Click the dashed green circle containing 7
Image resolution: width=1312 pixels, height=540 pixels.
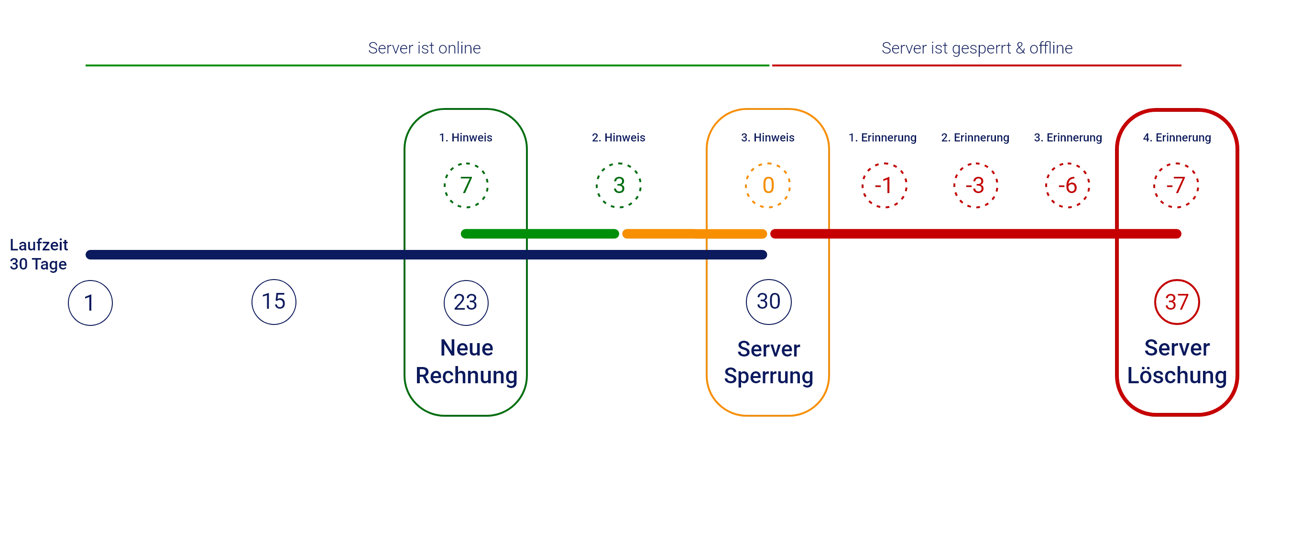[466, 185]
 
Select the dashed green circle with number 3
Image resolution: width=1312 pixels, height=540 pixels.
[618, 185]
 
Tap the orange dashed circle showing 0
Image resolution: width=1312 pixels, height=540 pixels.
[767, 185]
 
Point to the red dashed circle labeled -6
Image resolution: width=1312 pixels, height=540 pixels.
[1067, 185]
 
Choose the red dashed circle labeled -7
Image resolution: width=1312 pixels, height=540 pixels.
[1176, 185]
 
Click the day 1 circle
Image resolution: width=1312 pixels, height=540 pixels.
[89, 303]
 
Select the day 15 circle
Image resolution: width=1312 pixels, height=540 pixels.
[274, 302]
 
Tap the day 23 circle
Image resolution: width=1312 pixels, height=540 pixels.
[466, 302]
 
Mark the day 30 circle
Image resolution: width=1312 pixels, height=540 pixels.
[768, 302]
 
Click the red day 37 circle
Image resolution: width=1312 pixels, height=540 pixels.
[1176, 302]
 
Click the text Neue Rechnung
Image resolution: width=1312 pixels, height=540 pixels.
[467, 362]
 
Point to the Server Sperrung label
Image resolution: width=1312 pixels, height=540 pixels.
[768, 363]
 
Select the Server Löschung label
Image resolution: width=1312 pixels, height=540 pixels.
[1177, 362]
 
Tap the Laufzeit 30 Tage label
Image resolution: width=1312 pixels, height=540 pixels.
[38, 255]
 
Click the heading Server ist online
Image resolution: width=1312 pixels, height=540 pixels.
[424, 47]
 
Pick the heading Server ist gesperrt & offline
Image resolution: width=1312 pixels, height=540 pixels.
[977, 47]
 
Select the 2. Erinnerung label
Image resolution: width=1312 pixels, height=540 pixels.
[975, 138]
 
